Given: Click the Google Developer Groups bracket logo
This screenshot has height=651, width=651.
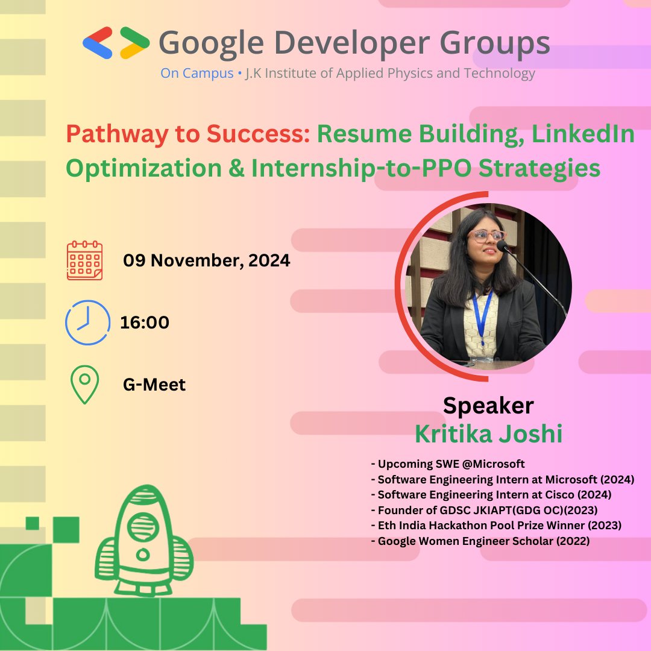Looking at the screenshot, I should [116, 43].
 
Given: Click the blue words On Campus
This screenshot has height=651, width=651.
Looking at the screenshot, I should [197, 74].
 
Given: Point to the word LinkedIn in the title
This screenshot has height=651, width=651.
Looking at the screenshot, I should [582, 135].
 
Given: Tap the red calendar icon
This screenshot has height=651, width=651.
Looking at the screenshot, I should [84, 260].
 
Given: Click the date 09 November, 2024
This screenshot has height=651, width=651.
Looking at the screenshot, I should [207, 261].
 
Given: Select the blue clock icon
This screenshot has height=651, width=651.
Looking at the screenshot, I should [87, 322].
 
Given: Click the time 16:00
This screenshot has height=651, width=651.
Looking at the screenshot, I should [145, 323].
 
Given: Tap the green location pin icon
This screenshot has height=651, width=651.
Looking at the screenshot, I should [85, 384].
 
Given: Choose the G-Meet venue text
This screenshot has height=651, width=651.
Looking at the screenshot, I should [154, 385].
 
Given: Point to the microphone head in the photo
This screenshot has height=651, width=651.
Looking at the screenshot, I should [502, 245].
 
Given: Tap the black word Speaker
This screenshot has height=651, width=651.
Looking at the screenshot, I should [488, 406].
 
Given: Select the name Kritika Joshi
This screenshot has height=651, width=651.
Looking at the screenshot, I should [488, 434].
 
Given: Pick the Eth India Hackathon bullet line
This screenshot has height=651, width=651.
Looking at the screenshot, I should [496, 526].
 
